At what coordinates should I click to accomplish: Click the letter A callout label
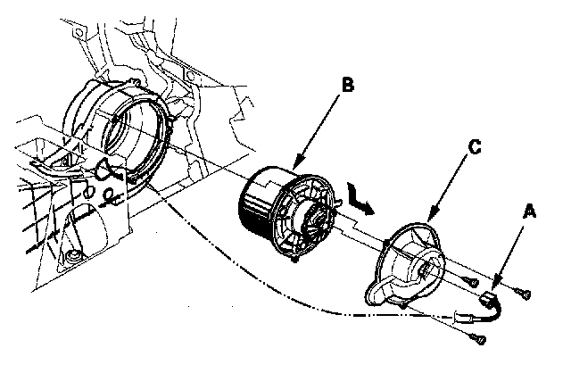(530, 213)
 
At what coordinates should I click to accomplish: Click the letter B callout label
(349, 87)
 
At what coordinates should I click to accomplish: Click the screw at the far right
(526, 291)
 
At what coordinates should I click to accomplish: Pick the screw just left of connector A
(470, 282)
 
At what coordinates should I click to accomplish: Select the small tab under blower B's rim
(295, 263)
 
